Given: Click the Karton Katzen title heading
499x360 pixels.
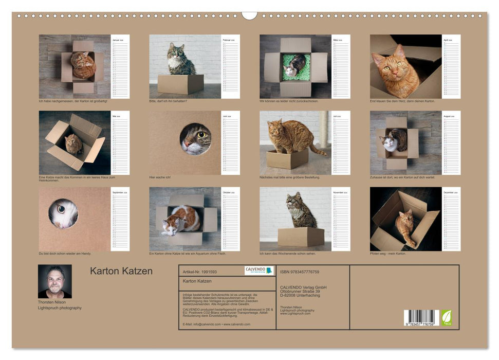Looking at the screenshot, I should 121,271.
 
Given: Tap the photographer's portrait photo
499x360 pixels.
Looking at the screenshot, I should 54,281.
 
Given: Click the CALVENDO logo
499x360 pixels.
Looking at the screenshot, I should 258,271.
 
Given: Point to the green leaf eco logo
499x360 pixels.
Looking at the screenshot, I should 447,317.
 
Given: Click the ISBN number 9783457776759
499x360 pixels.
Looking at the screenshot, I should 300,272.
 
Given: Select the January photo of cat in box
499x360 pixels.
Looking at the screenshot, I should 75,66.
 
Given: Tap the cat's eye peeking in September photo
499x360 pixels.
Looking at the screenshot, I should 61,209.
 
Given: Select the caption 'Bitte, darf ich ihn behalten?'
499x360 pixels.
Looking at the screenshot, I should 169,101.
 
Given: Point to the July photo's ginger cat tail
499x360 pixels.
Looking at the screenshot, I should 320,152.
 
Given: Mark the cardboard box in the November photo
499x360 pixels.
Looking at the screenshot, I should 301,237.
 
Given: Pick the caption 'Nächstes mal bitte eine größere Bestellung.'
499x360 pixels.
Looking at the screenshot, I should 290,177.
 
